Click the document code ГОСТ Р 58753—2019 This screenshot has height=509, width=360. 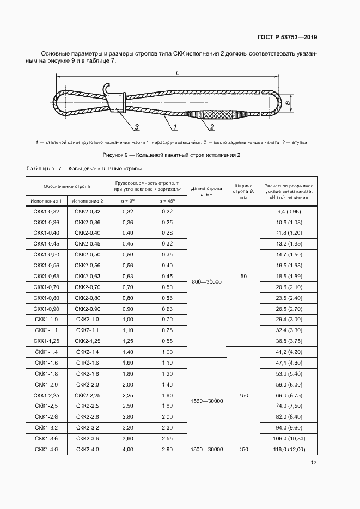coord(286,38)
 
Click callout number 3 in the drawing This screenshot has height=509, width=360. coord(136,127)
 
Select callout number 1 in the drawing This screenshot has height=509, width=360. coord(176,127)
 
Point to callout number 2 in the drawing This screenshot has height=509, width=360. coord(211,127)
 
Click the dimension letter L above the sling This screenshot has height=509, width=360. coord(177,73)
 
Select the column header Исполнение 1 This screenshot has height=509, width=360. coord(46,201)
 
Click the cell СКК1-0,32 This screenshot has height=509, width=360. coord(46,211)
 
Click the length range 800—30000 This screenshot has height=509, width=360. coord(207,281)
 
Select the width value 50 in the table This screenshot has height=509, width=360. coord(243,277)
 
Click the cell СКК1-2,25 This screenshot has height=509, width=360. coord(46,395)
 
